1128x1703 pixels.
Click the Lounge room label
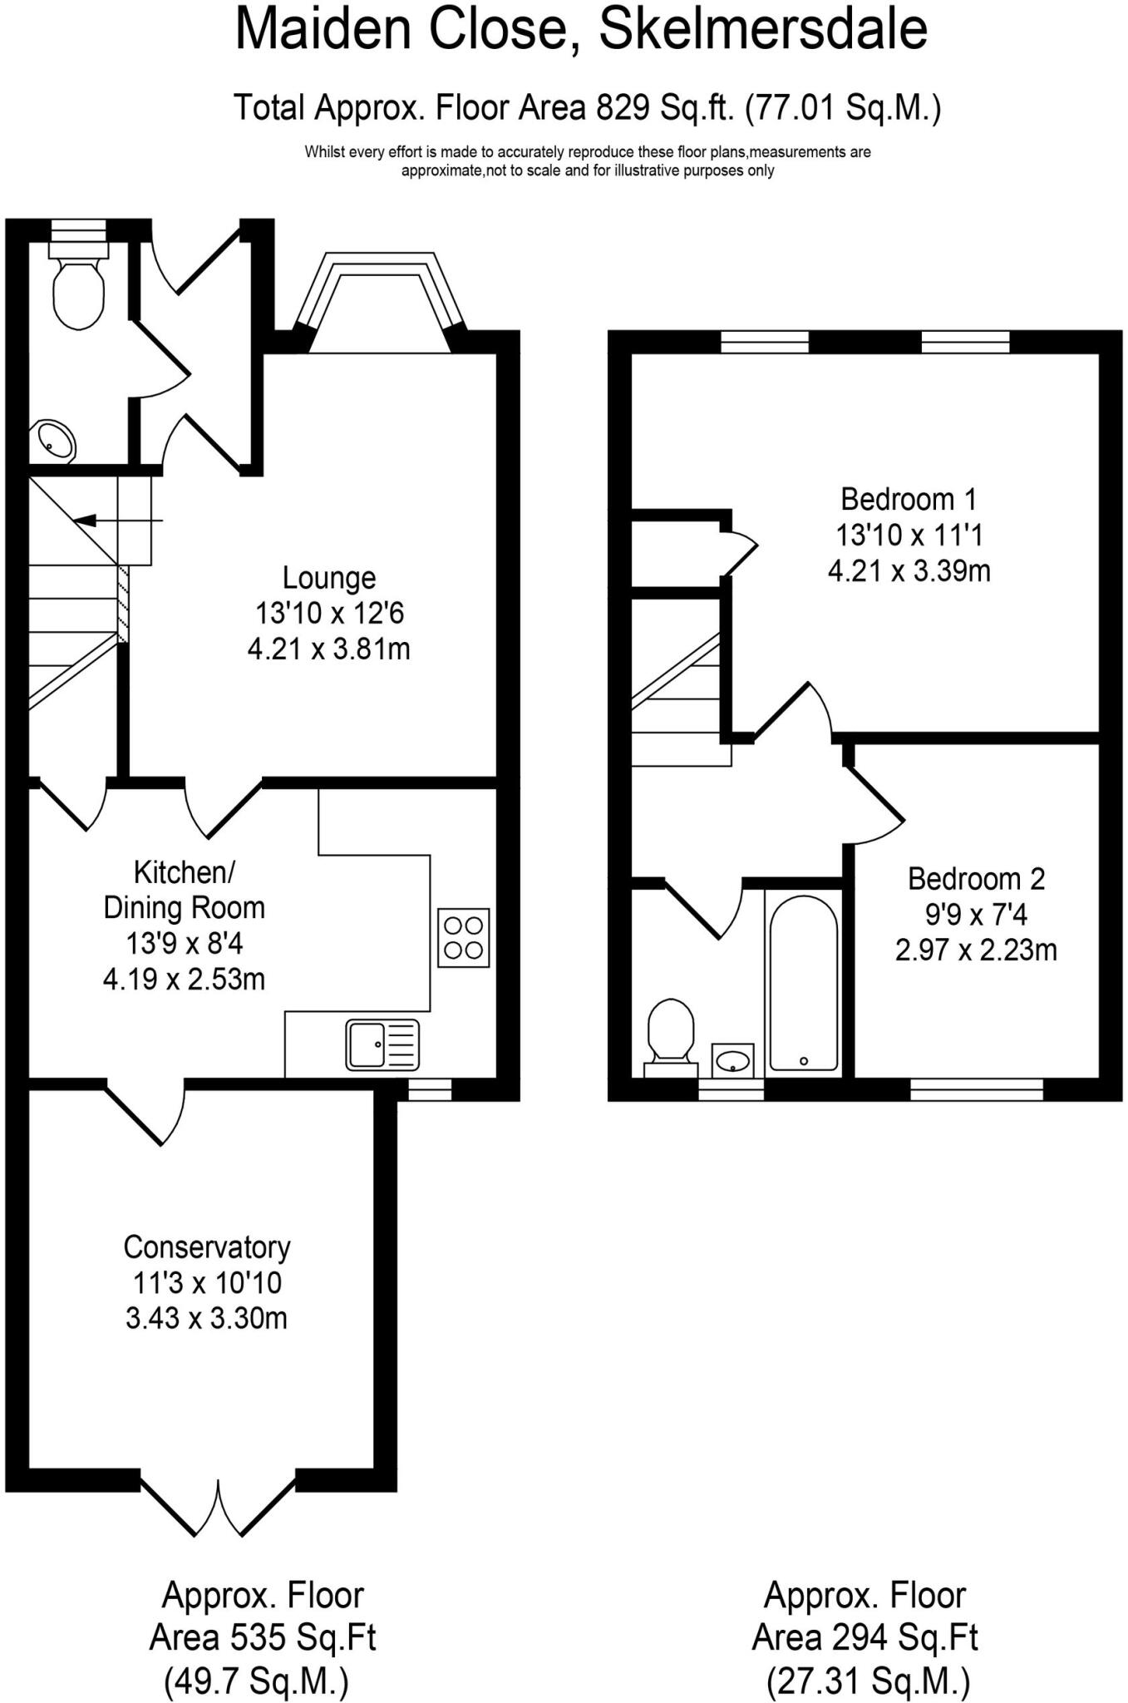[x=329, y=577]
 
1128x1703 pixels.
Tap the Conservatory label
[x=207, y=1246]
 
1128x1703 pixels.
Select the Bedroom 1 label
[x=909, y=499]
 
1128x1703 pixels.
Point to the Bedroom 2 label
[x=976, y=878]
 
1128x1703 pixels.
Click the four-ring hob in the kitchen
[x=463, y=937]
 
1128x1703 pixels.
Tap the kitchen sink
[x=382, y=1044]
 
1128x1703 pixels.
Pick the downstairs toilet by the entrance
[x=79, y=287]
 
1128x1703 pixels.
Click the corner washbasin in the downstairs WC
[x=54, y=441]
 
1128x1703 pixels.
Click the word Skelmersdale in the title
[x=762, y=30]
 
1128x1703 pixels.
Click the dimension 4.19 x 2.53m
[x=184, y=979]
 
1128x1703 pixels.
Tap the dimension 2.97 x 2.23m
[x=976, y=949]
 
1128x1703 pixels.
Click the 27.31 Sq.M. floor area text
[x=867, y=1681]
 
